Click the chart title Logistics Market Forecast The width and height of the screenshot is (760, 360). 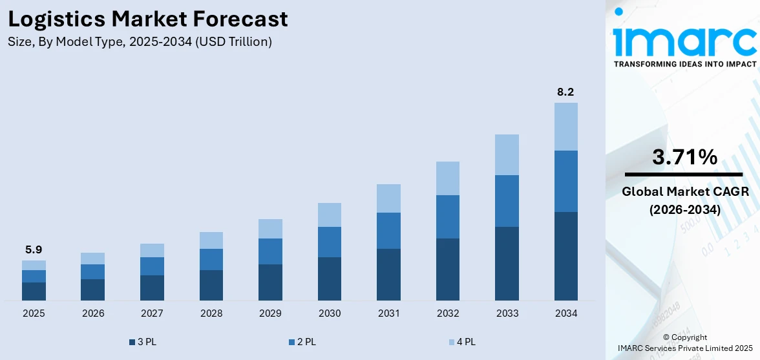tap(148, 19)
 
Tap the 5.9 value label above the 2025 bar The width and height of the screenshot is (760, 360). tap(34, 249)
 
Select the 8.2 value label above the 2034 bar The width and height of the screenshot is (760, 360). tap(565, 92)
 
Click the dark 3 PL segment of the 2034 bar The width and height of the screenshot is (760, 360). tap(565, 256)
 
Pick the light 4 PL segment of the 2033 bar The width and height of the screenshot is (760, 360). tap(507, 154)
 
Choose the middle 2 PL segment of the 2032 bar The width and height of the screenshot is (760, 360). tap(447, 217)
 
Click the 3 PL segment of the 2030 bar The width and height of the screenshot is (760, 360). tap(329, 279)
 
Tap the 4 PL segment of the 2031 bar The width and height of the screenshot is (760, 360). tap(388, 198)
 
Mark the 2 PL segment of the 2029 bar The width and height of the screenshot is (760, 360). tap(270, 251)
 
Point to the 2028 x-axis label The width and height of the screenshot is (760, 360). tap(211, 313)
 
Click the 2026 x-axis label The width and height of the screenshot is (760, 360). tap(92, 313)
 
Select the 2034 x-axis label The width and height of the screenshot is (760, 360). tap(565, 313)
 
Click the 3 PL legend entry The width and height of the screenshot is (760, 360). tap(143, 342)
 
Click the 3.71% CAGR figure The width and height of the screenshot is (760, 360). tap(684, 157)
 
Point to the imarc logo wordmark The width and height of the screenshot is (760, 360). tap(684, 40)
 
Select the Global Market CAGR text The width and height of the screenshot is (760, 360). tap(684, 192)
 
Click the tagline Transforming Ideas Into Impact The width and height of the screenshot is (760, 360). tap(684, 64)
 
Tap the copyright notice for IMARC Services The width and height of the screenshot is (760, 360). tap(684, 348)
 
